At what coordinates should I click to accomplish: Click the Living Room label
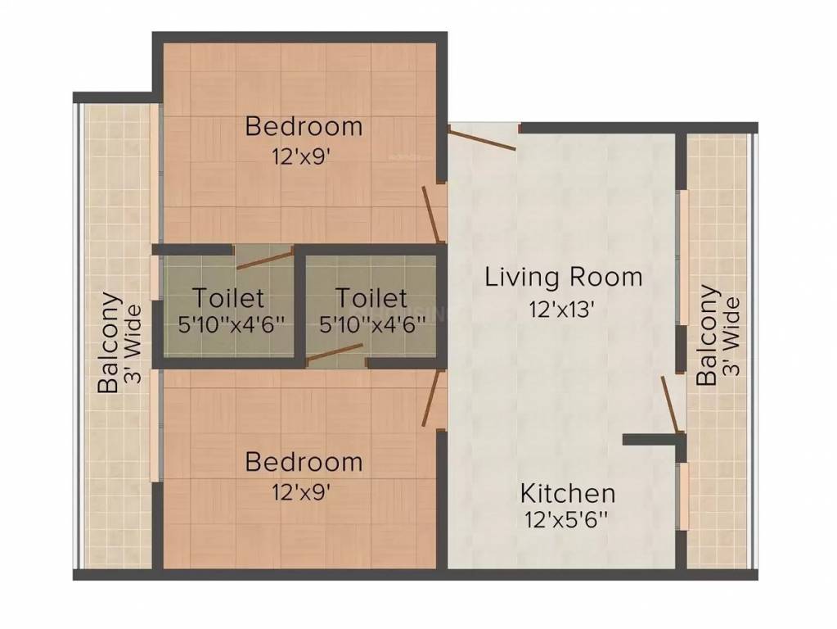563,277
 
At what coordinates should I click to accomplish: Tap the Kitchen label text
568,493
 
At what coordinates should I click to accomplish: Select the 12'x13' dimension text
560,309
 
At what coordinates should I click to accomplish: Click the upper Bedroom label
304,127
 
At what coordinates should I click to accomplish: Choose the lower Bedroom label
304,462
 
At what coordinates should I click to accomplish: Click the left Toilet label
228,296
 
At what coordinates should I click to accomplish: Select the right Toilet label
371,296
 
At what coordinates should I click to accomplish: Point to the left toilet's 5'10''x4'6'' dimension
232,324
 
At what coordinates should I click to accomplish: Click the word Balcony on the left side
109,344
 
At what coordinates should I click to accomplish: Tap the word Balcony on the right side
708,335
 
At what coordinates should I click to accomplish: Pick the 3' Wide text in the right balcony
733,336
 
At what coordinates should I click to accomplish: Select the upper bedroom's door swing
432,215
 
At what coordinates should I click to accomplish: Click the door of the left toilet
264,260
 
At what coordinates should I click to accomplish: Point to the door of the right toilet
336,352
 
